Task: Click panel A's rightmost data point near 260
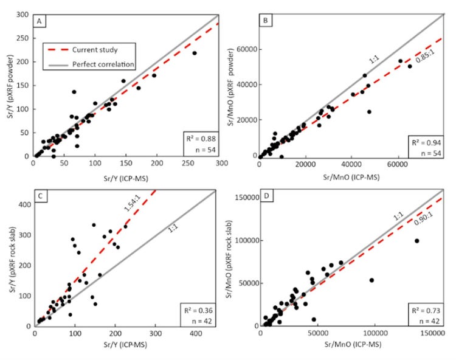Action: (195, 54)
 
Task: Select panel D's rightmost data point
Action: (417, 241)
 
